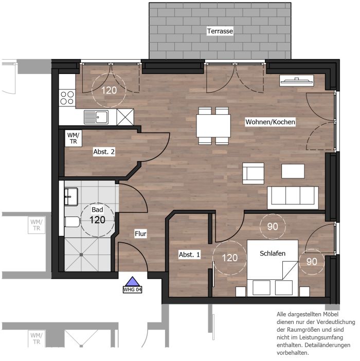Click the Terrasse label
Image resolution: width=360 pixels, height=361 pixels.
click(220, 31)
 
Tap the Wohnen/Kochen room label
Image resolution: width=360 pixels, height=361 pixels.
click(270, 122)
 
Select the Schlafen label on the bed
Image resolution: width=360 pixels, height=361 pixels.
click(273, 253)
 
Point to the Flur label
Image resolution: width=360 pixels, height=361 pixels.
click(140, 233)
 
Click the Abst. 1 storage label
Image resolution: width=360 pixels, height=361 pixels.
click(189, 255)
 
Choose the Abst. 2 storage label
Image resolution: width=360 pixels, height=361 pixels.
click(104, 152)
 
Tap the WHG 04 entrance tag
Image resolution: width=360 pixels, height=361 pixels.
click(132, 290)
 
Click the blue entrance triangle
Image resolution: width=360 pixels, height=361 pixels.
click(132, 282)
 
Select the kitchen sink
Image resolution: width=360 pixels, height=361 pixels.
click(96, 117)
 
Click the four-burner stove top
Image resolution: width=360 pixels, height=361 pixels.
click(67, 98)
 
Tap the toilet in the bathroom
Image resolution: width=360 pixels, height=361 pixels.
click(72, 222)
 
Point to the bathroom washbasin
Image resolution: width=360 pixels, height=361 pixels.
click(71, 196)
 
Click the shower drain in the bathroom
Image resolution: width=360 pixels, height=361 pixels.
click(81, 255)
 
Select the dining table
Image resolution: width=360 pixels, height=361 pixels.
click(213, 125)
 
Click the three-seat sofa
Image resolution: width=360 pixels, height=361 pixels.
click(293, 198)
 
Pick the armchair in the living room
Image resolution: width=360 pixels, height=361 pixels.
click(253, 173)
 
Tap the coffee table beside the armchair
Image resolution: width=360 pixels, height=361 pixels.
click(293, 171)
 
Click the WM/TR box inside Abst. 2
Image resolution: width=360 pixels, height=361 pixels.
click(74, 138)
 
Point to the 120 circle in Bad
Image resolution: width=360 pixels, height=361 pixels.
click(98, 220)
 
